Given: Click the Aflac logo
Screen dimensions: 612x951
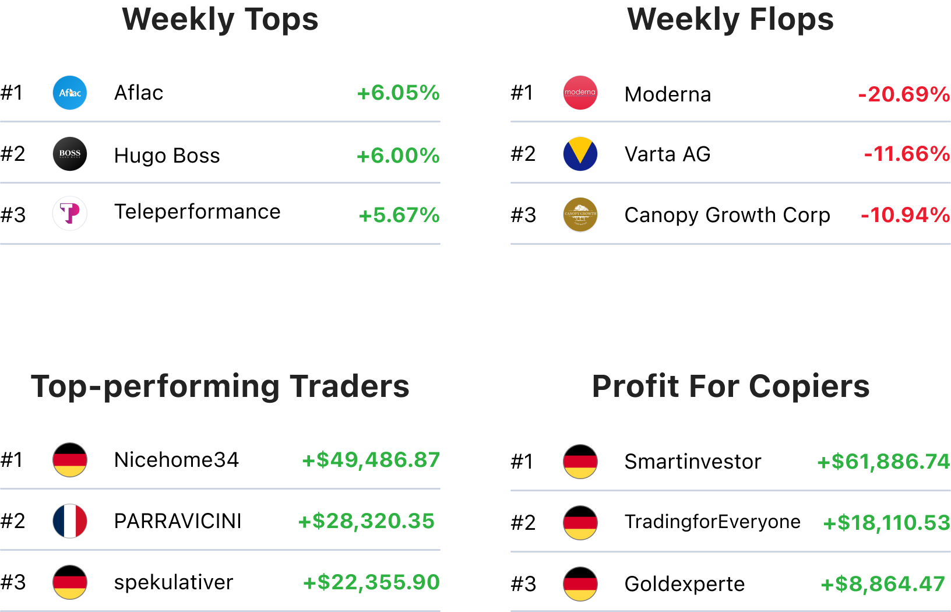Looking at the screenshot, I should tap(70, 93).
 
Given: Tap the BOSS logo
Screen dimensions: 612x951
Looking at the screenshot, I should tap(70, 154).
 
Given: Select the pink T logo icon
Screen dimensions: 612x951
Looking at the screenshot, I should tap(70, 213).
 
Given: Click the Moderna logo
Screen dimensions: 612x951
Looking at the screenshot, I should tap(580, 93).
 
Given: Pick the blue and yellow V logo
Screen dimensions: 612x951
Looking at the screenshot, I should tap(580, 154).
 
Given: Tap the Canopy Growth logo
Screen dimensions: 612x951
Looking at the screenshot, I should tap(580, 215).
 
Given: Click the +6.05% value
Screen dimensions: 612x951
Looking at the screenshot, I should tap(399, 93).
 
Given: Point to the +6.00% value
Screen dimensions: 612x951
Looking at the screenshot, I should tap(398, 156).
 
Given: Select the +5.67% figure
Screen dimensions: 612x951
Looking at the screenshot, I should tap(400, 216).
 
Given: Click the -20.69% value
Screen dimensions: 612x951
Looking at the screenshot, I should tap(904, 94).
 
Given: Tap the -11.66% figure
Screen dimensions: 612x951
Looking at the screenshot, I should tap(907, 154).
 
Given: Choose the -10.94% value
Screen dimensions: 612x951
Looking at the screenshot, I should tap(905, 215).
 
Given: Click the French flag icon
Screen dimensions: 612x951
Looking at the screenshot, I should tap(70, 521).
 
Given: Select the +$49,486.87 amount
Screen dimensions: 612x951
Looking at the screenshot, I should tap(371, 460).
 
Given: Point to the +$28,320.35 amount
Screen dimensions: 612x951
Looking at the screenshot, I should tap(367, 521).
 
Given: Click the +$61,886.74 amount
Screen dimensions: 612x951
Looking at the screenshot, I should tap(883, 462).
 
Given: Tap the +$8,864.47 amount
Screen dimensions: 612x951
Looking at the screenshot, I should tap(883, 584).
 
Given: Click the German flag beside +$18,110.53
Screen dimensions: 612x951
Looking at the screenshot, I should tap(580, 523).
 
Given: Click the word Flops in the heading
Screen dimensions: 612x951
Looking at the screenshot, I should tap(791, 19).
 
